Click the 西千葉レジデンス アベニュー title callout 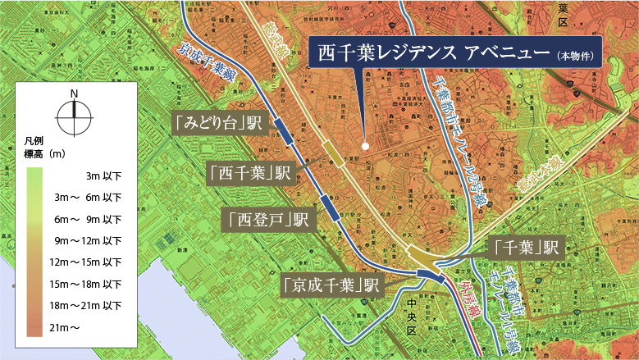(454, 54)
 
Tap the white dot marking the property (365, 148)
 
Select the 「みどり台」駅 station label (218, 123)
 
